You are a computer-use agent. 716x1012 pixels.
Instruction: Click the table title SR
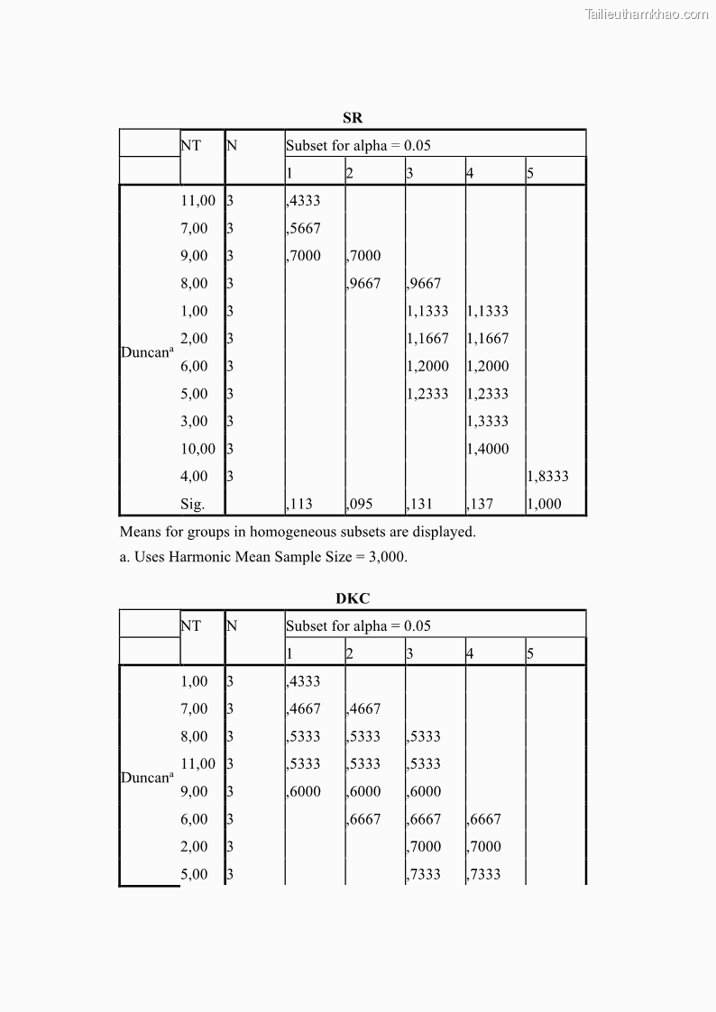353,118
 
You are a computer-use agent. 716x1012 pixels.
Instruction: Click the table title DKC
353,598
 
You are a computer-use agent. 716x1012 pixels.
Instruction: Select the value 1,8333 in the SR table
547,477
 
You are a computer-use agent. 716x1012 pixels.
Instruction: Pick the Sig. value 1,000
544,505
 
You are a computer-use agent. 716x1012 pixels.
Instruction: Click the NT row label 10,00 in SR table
198,449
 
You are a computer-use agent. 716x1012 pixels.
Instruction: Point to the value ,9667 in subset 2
364,284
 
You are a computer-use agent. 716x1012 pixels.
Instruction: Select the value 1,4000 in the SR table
488,449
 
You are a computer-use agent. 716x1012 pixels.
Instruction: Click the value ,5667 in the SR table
303,229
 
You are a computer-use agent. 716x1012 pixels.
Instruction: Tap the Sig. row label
192,505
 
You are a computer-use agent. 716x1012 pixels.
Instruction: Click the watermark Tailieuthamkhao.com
647,14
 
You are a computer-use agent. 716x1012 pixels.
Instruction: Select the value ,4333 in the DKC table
303,682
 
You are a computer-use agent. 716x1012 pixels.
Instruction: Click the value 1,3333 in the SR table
488,422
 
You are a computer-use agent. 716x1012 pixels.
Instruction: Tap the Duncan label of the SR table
146,351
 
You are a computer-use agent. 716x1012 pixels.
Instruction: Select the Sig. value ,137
481,505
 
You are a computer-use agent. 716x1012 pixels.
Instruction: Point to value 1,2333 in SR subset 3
427,394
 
